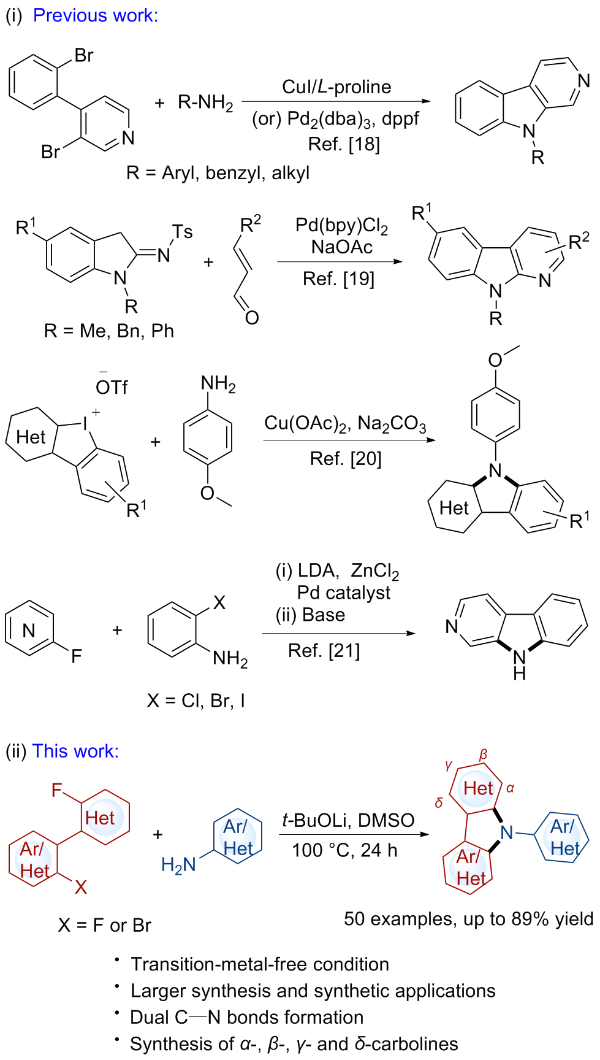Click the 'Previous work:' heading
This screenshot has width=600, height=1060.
95,15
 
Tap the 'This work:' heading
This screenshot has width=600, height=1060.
75,751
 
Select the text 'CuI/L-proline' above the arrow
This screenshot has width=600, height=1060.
336,87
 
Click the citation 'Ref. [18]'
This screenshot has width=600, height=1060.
344,144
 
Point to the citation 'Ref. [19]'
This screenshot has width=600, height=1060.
338,279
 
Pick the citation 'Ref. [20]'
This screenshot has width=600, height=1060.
346,458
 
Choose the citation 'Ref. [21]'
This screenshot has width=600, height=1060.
324,650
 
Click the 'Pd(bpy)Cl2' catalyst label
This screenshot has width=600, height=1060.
341,226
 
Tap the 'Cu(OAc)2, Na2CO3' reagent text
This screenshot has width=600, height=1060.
345,424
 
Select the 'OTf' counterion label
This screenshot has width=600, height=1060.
112,387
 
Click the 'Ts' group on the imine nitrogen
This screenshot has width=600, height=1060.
182,231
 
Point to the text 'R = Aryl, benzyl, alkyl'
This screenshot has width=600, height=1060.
218,173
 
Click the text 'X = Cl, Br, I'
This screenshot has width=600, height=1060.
196,701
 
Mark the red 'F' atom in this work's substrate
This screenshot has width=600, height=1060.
57,790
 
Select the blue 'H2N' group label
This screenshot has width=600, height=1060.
178,865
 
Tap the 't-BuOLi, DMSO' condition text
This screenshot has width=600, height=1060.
348,820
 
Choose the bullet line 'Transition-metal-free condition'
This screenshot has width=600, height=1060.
260,964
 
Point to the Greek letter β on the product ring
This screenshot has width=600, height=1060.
484,755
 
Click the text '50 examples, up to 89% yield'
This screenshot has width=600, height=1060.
468,919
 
